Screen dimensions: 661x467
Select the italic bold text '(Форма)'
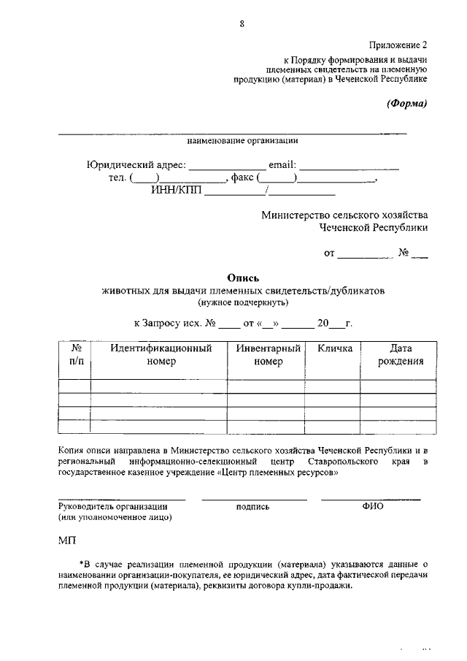406,103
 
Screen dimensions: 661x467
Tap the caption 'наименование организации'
242,140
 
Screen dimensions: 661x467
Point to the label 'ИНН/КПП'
176,192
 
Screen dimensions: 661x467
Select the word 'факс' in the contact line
242,178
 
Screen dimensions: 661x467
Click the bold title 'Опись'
242,278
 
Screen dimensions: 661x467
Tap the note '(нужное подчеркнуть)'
242,302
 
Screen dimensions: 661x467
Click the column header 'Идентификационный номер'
161,355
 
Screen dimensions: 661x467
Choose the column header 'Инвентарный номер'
268,355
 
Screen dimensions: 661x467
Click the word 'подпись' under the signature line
253,506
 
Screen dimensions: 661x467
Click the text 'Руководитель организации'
113,506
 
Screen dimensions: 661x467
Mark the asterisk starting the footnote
81,565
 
